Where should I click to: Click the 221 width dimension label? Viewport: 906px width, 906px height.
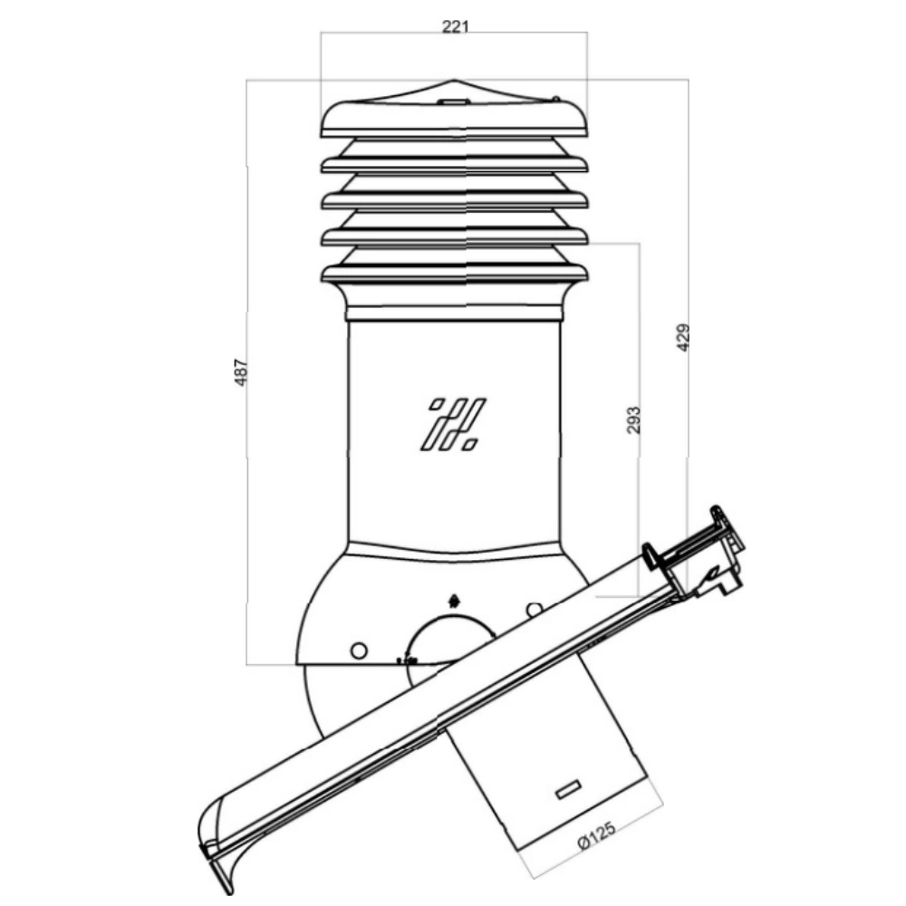click(x=455, y=26)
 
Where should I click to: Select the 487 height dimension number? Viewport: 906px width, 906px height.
click(x=240, y=372)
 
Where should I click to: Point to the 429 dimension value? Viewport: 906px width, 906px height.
click(x=682, y=337)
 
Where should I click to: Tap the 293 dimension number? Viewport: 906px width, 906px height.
click(x=634, y=420)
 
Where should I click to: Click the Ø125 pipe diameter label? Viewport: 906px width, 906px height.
click(x=597, y=835)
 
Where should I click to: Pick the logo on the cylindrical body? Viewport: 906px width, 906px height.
click(x=453, y=424)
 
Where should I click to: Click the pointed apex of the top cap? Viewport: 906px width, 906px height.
click(x=454, y=80)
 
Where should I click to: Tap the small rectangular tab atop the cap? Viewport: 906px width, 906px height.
click(x=454, y=101)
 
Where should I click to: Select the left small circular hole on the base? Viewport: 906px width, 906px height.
click(x=359, y=651)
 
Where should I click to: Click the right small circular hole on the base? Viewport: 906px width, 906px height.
click(x=535, y=610)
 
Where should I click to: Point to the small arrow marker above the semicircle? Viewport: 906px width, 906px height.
click(x=454, y=601)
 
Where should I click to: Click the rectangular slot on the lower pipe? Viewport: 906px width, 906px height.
click(x=568, y=789)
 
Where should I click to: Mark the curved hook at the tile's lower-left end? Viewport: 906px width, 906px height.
click(x=217, y=843)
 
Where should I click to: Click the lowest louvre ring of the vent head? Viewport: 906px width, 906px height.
click(x=454, y=273)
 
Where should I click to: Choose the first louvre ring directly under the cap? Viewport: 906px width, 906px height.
click(x=454, y=164)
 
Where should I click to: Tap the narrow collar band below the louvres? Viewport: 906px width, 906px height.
click(x=454, y=313)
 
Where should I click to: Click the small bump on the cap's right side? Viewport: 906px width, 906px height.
click(x=555, y=100)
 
